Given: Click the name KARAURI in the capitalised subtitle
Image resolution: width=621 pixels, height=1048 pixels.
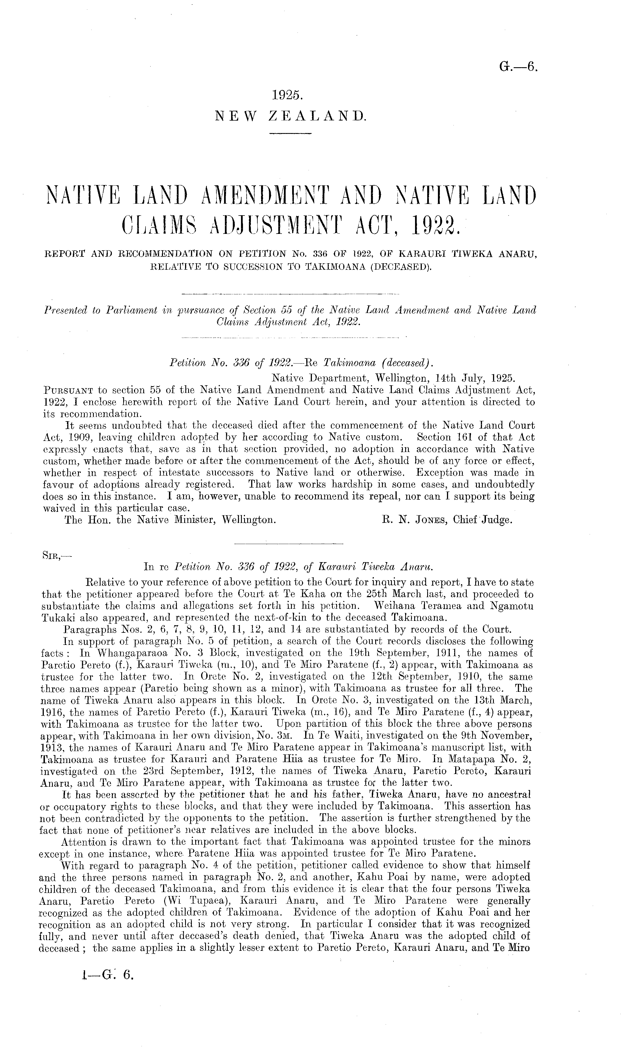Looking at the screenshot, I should tap(419, 254).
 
